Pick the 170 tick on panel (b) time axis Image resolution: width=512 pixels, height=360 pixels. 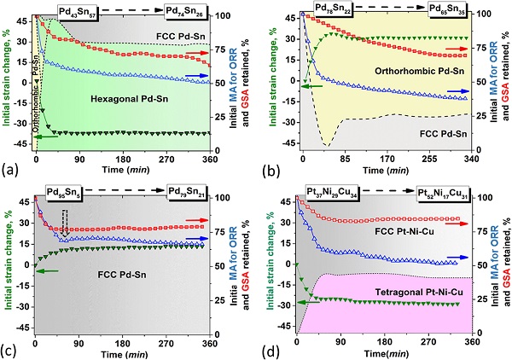pyautogui.click(x=387, y=158)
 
